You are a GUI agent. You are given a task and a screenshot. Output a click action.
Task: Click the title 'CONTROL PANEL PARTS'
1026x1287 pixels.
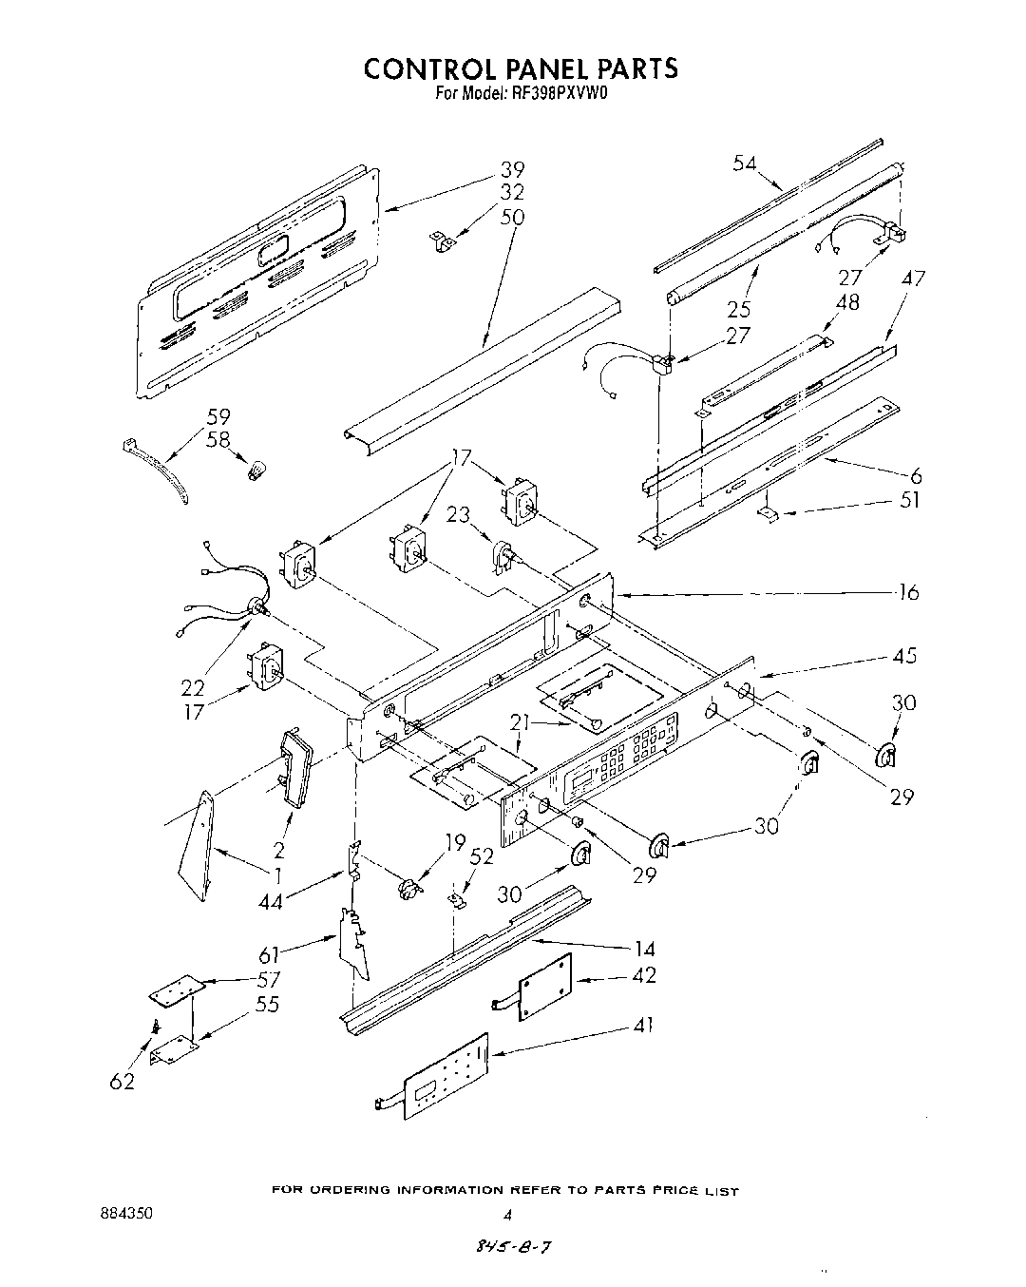click(522, 68)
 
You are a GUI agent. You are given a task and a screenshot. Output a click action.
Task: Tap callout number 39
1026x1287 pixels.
click(512, 170)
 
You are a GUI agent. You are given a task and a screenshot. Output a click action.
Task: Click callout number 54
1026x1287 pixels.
click(745, 163)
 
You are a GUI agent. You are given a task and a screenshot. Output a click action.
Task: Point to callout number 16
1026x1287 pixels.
click(908, 593)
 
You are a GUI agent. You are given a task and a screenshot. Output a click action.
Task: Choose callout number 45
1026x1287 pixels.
click(906, 657)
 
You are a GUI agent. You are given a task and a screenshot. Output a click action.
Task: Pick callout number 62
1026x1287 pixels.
click(122, 1081)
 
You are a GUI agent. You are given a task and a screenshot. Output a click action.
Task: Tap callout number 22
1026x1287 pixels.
click(194, 687)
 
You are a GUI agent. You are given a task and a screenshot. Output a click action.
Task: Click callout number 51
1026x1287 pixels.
click(909, 501)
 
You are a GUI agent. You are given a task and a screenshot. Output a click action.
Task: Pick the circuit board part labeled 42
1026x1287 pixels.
click(545, 986)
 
